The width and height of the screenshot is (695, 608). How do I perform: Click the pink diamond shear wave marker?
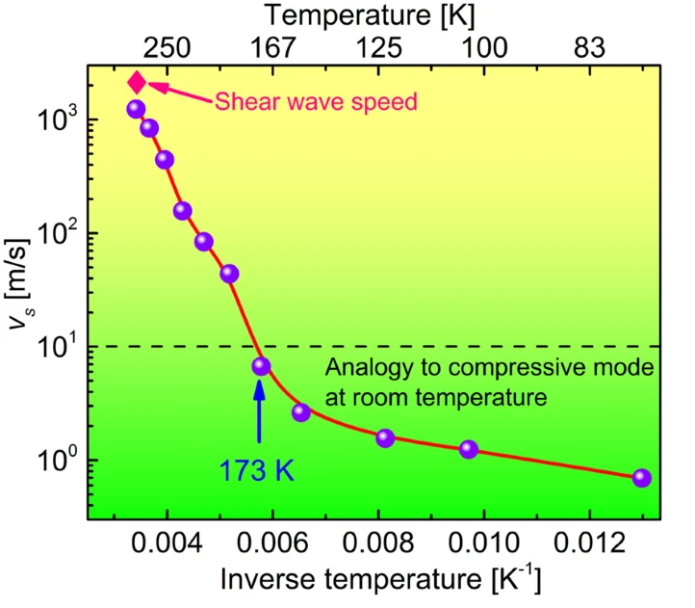138,83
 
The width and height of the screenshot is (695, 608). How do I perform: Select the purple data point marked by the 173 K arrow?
261,366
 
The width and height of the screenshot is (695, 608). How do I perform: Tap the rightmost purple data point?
642,478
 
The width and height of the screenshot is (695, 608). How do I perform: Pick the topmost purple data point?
136,109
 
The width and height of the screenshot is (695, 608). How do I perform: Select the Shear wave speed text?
316,101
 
